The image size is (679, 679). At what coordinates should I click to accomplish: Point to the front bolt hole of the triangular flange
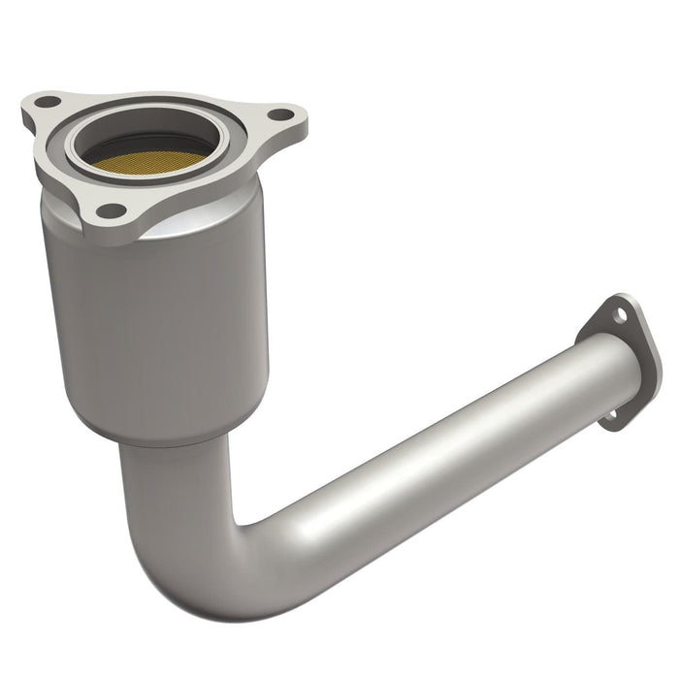[x=112, y=210]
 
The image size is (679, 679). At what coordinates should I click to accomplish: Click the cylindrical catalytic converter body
[x=155, y=320]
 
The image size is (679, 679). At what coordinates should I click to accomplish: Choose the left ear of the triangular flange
[x=44, y=105]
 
